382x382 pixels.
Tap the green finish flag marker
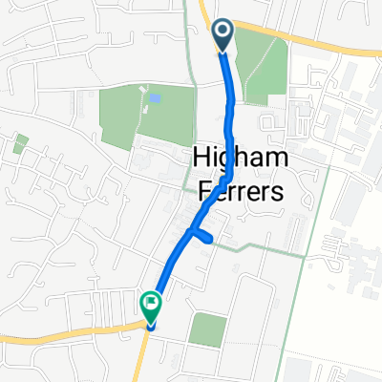coord(150,305)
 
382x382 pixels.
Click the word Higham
coord(239,159)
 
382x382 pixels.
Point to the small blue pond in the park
coord(155,97)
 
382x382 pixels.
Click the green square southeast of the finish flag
coord(207,329)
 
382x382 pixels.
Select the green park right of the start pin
coord(262,63)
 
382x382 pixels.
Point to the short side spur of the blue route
coord(203,237)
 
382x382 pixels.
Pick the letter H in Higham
coord(202,159)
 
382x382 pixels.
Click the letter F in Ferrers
coord(202,191)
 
